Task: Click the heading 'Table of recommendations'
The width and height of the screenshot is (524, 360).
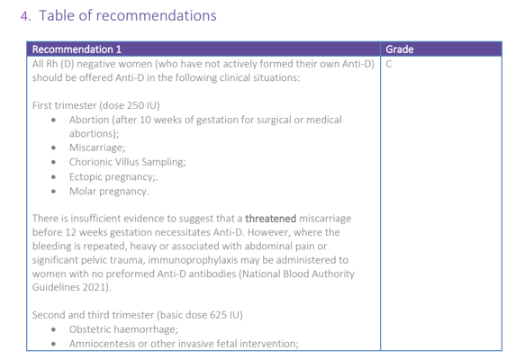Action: tap(128, 15)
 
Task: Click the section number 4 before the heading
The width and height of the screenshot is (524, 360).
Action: tap(24, 16)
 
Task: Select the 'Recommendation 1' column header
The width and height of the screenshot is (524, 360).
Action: tap(77, 49)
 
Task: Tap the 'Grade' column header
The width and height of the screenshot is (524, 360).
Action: tap(400, 49)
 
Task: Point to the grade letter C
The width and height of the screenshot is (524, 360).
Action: tap(389, 64)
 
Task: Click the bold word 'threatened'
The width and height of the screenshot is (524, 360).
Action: tap(271, 219)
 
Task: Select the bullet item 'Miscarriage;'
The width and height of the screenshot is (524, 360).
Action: tap(97, 148)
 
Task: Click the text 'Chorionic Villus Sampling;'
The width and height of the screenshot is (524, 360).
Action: tap(127, 162)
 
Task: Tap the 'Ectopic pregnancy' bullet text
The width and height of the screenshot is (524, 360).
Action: tap(112, 176)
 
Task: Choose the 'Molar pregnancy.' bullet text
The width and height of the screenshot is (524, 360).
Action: tap(109, 192)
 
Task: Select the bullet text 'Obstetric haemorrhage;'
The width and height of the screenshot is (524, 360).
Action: tap(123, 329)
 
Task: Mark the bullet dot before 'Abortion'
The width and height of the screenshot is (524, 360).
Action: tap(53, 121)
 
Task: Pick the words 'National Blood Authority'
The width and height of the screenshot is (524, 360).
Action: tap(298, 274)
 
